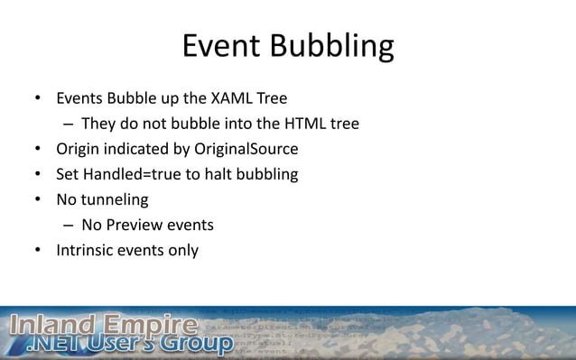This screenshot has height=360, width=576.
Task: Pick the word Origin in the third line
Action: coord(79,149)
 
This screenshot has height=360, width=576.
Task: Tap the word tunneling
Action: coord(116,199)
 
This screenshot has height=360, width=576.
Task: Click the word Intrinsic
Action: coord(87,250)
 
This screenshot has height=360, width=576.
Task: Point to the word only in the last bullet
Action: coord(181,250)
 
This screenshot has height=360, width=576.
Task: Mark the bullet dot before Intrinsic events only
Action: coord(38,251)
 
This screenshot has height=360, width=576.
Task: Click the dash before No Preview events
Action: coord(68,225)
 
